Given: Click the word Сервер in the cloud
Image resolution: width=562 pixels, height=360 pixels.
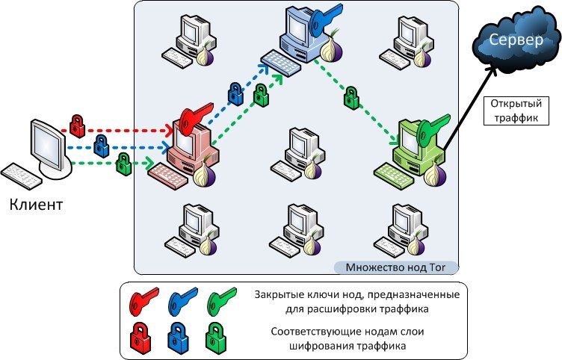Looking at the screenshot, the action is tap(516, 40).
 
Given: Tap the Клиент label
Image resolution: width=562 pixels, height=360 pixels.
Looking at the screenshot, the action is tap(36, 205).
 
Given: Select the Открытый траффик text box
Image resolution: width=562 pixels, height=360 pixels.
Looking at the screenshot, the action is tap(516, 111).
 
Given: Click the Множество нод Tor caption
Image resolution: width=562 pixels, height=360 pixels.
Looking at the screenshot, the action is tap(395, 267).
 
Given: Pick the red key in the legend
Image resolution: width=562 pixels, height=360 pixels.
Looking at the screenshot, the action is tap(143, 301).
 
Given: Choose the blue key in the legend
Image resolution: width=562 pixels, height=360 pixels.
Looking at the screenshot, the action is tap(182, 301).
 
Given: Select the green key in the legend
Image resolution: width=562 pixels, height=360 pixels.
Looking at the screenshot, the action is tap(221, 301).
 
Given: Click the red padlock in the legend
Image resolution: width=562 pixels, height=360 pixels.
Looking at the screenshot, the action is tap(140, 338).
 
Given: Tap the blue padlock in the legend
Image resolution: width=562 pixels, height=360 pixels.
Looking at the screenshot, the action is tap(178, 338).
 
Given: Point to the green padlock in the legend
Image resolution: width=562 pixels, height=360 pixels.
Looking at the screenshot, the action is tap(216, 337).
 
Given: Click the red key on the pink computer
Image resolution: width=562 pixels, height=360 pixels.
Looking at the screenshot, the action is tap(195, 119).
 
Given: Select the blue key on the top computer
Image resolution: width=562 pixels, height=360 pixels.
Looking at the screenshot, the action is tap(324, 18).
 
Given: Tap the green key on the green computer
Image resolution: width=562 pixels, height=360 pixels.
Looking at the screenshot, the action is tap(433, 130).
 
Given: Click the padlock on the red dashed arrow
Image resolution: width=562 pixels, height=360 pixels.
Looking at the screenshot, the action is tap(78, 125).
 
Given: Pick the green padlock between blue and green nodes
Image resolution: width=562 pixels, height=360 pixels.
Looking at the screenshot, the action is tap(351, 98).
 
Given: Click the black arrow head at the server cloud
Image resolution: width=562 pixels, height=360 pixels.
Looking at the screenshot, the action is tap(492, 71).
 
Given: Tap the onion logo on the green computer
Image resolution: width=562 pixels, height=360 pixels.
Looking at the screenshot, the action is tap(436, 175).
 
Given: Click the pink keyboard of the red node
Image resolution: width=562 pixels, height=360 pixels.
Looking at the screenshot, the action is tap(167, 176).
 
